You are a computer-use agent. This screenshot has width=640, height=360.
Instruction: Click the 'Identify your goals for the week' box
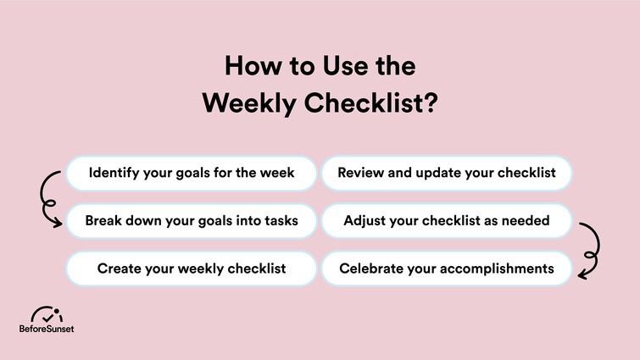click(192, 173)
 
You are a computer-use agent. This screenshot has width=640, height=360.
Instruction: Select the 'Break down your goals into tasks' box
click(192, 221)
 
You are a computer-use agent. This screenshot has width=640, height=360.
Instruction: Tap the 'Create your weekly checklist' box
click(192, 269)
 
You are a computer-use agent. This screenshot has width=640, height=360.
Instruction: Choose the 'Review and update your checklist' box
click(447, 173)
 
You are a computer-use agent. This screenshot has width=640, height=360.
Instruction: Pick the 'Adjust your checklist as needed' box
click(447, 221)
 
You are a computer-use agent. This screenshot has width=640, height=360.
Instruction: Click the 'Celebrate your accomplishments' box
click(447, 269)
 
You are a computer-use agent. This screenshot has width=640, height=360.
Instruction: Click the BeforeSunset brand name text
click(47, 329)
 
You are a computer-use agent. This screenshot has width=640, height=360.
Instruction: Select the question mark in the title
click(430, 104)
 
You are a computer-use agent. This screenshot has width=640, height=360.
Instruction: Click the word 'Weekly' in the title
click(246, 104)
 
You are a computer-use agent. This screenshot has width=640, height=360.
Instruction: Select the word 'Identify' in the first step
click(115, 173)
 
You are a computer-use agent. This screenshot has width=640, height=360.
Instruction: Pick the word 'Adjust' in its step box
click(365, 221)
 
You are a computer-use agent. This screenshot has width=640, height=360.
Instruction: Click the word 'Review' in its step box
click(362, 173)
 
